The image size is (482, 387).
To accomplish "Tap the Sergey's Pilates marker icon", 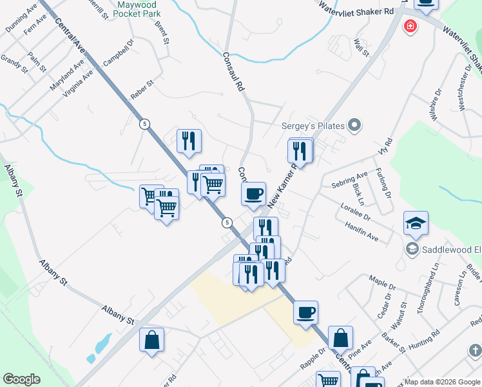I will (354, 124).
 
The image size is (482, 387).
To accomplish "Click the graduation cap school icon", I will (416, 224).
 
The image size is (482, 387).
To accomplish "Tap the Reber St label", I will (142, 89).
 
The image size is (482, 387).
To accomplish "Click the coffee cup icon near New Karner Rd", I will (253, 193).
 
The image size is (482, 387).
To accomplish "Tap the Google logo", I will (21, 379).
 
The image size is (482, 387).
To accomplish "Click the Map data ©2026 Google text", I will (442, 382).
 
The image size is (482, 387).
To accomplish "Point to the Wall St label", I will (361, 48).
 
